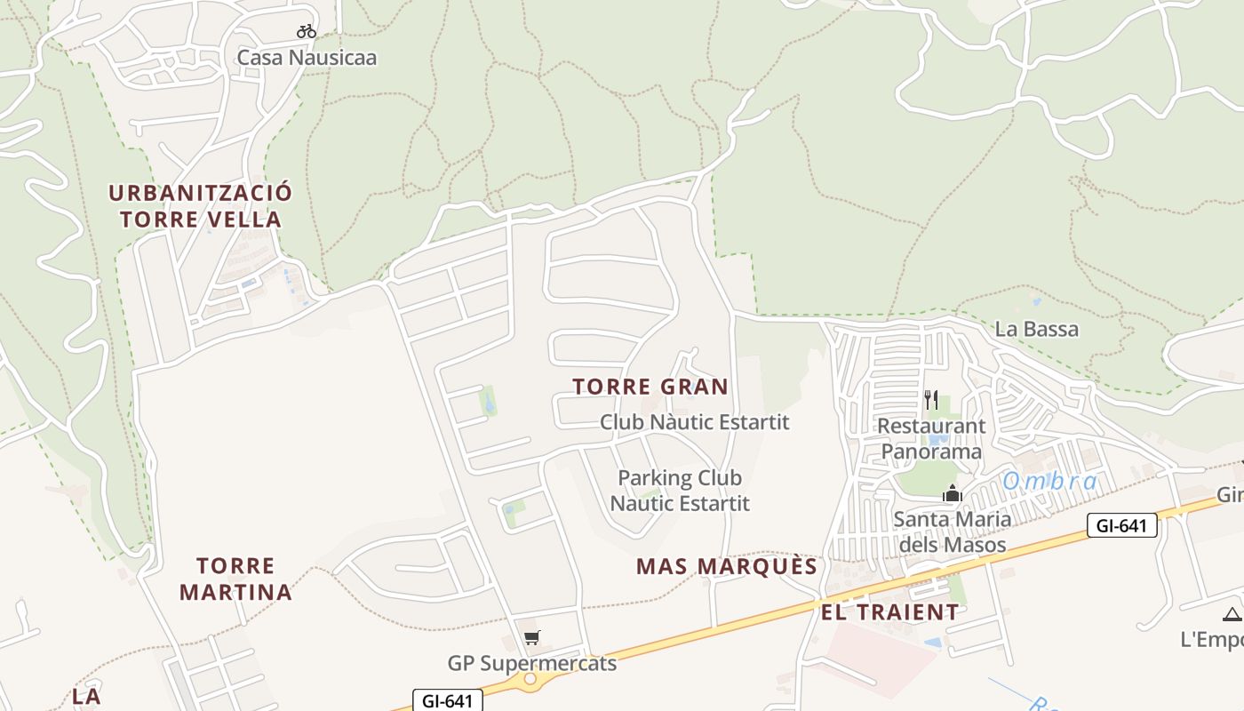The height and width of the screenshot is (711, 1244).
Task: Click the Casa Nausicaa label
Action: (x=307, y=58)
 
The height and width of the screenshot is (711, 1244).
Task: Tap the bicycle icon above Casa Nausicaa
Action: (x=307, y=32)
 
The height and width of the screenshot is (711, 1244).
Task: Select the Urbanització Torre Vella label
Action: (x=200, y=205)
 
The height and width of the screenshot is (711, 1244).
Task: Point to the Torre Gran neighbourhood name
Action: (x=650, y=387)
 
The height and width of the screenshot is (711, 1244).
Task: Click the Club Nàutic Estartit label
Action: (x=694, y=421)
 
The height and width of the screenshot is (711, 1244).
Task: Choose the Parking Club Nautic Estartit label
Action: (x=680, y=491)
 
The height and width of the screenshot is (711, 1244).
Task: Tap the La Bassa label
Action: (x=1036, y=329)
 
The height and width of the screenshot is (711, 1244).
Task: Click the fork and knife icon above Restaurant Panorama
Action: (x=931, y=400)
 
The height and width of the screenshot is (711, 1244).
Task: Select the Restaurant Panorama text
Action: (x=931, y=438)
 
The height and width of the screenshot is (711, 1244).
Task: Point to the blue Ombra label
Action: (x=1050, y=482)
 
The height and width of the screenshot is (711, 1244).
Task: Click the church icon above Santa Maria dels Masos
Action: (x=953, y=493)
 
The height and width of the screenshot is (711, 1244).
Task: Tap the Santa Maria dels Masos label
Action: (x=953, y=531)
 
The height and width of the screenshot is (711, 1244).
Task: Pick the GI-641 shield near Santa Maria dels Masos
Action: (x=1122, y=525)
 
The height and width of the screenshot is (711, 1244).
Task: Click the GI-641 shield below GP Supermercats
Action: (x=448, y=700)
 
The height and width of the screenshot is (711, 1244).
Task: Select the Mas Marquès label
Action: (x=727, y=567)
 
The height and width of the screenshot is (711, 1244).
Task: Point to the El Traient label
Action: (x=889, y=612)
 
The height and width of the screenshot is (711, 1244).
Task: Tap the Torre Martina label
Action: (x=235, y=579)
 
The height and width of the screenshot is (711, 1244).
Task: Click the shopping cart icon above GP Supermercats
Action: (x=532, y=637)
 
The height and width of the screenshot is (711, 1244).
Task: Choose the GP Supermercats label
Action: (x=532, y=663)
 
